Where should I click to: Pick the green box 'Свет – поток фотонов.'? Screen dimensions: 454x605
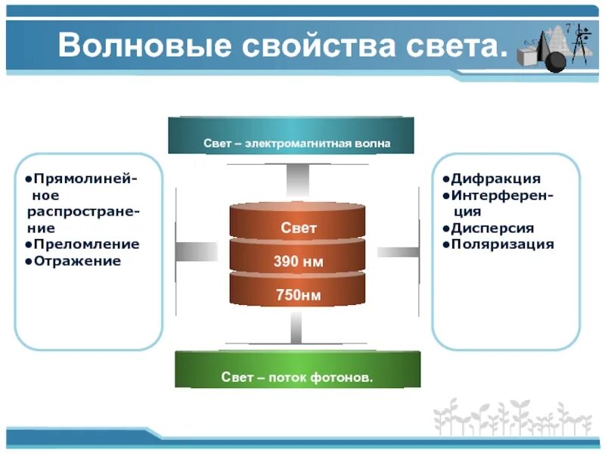pos(297,376)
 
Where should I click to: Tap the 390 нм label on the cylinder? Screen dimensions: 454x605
pos(298,262)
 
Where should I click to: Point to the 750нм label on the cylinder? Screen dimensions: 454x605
pos(298,295)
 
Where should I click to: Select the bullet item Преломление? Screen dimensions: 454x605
pos(85,244)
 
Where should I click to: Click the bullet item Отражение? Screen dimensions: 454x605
pos(76,261)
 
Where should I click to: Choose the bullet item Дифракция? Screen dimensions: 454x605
pos(495,179)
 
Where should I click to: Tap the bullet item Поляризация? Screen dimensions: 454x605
pos(503,244)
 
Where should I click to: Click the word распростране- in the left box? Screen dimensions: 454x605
pos(82,211)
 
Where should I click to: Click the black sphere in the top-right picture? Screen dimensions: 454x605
pos(554,61)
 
